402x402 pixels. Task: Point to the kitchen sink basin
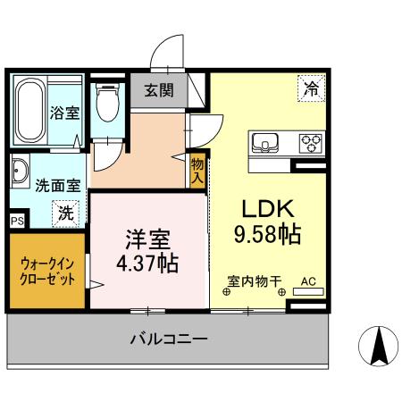pos(266,142)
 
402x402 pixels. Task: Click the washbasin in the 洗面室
pos(21,171)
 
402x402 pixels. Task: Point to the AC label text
pos(309,281)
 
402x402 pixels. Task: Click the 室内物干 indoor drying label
pos(254,281)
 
